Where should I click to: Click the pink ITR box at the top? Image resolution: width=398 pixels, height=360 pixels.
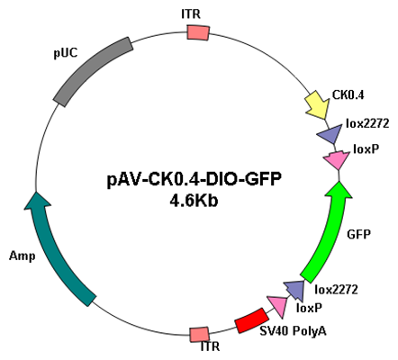198,32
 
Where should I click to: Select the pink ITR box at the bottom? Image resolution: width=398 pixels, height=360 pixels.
199,334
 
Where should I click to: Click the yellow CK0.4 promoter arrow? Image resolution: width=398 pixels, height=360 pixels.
318,104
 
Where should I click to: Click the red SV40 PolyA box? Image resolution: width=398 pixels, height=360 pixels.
251,320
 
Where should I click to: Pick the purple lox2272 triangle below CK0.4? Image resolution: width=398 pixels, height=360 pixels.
330,134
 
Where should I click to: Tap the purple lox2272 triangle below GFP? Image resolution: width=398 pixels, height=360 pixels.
294,290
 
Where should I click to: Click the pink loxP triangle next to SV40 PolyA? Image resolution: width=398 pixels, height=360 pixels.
278,306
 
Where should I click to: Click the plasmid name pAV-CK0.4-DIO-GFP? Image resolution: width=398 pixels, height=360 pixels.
194,180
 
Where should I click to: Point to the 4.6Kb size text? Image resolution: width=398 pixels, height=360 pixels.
194,201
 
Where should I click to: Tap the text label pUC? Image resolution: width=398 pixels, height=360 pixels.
66,53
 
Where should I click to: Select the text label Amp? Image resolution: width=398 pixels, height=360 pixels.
22,256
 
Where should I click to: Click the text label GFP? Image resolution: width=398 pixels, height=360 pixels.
358,234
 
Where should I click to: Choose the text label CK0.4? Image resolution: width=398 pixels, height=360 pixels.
348,95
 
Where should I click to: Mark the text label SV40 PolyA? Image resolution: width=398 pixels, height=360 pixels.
293,331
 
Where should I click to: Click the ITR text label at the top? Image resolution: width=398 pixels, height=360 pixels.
191,14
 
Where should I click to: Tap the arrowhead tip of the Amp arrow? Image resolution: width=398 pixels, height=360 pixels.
36,192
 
